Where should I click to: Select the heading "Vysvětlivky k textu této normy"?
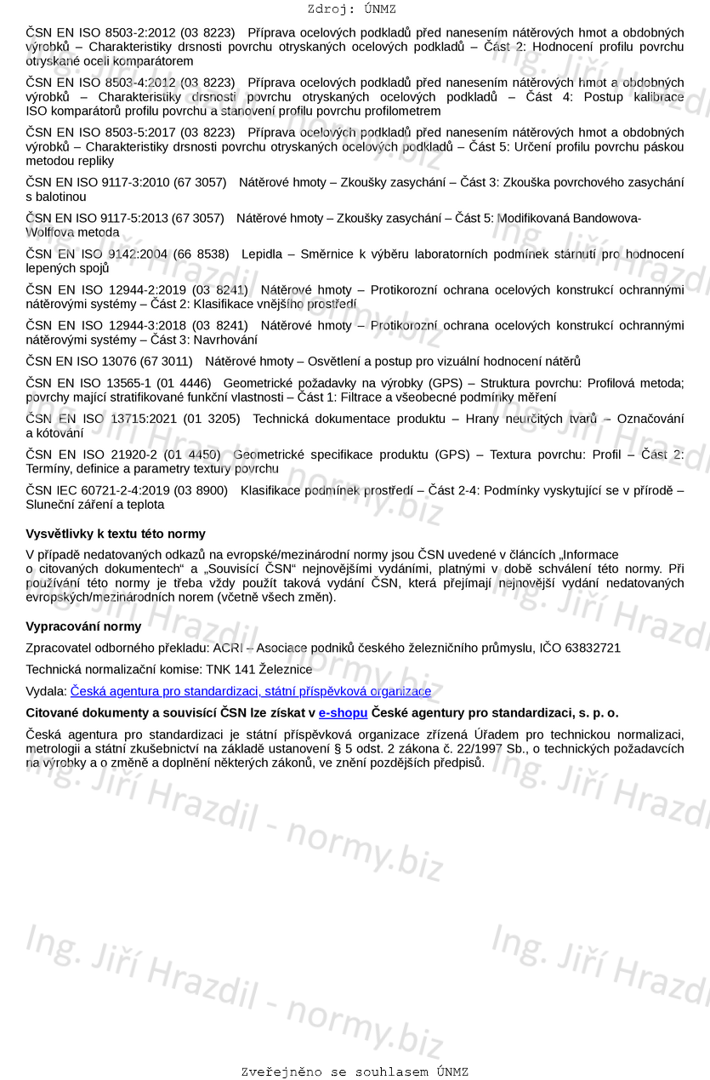pyautogui.click(x=116, y=534)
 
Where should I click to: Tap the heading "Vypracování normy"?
pyautogui.click(x=83, y=626)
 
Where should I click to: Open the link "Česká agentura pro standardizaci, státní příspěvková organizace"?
pyautogui.click(x=251, y=691)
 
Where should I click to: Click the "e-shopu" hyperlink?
pyautogui.click(x=343, y=712)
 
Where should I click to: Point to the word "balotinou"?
pyautogui.click(x=56, y=197)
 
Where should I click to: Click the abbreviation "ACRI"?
pyautogui.click(x=228, y=648)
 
